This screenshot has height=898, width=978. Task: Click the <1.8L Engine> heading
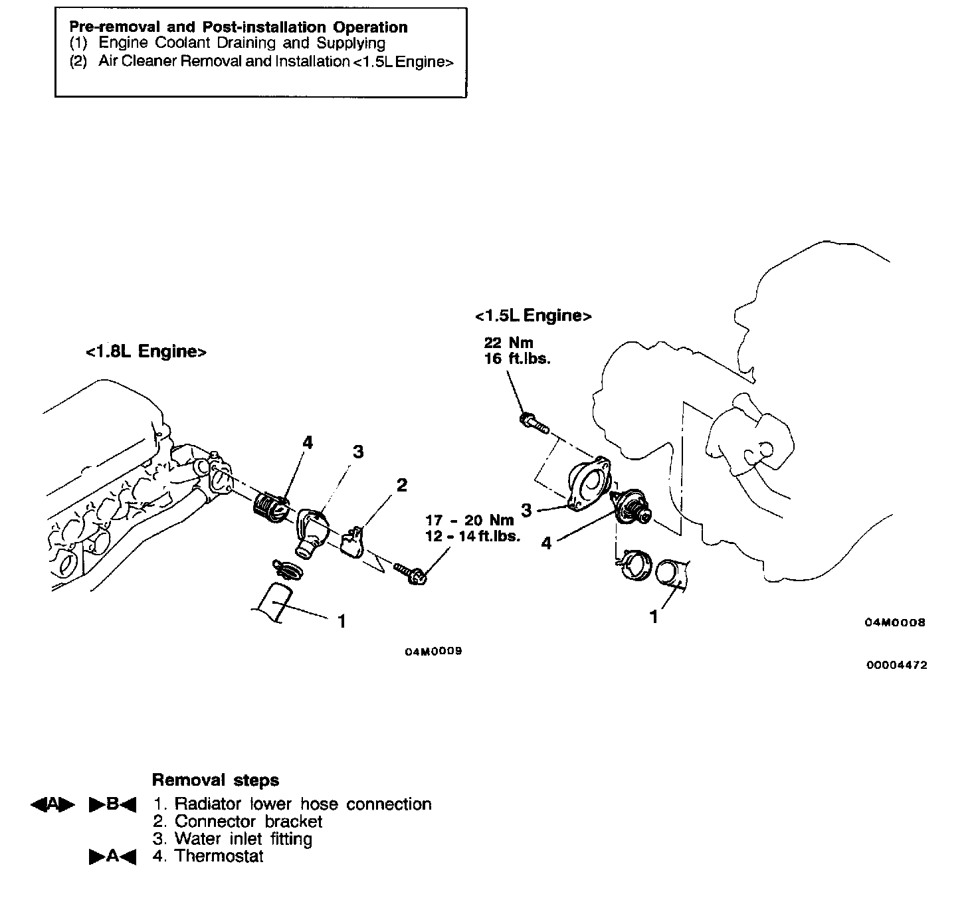point(146,351)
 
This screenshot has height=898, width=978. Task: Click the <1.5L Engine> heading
point(533,315)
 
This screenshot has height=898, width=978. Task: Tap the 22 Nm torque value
point(509,343)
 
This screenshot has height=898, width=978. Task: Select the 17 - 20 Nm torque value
point(469,520)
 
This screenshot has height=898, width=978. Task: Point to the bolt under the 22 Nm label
point(533,422)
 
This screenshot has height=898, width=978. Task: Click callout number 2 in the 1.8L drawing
point(401,485)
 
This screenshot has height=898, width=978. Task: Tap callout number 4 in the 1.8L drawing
point(307,442)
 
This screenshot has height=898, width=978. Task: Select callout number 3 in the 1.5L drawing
point(526,511)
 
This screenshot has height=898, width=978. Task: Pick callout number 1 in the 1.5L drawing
point(654,617)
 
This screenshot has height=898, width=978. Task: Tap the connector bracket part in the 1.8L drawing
point(353,541)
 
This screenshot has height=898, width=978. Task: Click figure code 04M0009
point(433,651)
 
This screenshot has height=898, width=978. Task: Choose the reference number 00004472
point(896,665)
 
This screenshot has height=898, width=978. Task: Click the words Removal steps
point(215,780)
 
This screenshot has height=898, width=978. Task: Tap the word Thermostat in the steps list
point(219,856)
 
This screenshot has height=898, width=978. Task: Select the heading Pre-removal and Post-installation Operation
point(238,27)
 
